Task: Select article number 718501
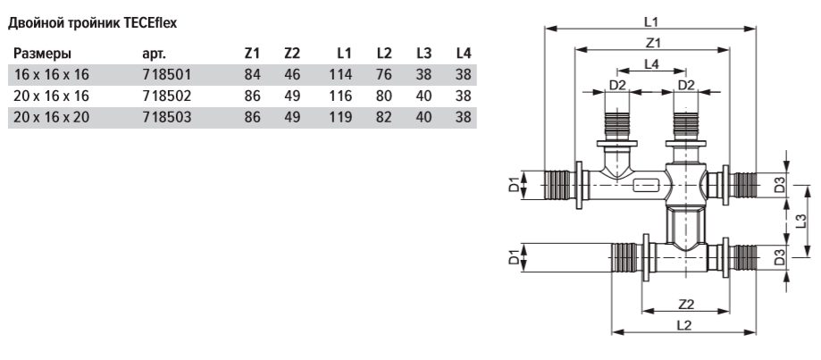coord(167,75)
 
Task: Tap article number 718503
coord(167,117)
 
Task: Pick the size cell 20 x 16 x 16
coord(51,96)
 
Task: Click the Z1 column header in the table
coord(252,54)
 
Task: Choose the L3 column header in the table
coord(424,54)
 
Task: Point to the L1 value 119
coord(340,117)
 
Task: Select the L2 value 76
coord(384,75)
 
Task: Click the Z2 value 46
coord(292,75)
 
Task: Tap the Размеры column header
coord(42,54)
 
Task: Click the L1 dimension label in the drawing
coord(651,21)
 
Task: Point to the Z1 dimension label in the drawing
coord(652,42)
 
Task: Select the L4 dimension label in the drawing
coord(651,63)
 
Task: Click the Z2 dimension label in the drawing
coord(686,304)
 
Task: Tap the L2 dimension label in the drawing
coord(683,325)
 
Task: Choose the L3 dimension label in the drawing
coord(800,222)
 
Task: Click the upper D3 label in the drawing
coord(780,185)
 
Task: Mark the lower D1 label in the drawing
coord(514,257)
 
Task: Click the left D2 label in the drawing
coord(618,85)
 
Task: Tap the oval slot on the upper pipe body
coord(646,186)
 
